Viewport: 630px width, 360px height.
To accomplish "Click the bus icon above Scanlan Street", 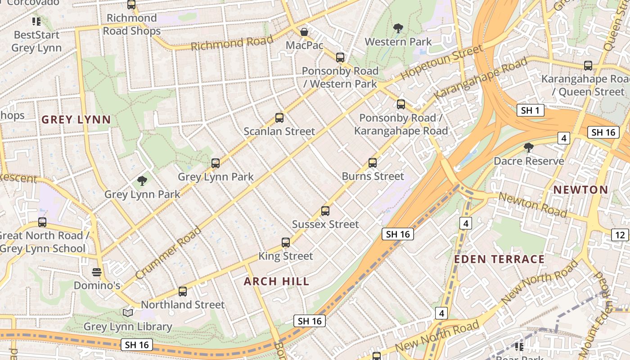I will click(279, 118).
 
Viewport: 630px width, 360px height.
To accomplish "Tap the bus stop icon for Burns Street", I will click(373, 163).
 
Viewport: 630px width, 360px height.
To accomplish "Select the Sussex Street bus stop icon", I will click(325, 211).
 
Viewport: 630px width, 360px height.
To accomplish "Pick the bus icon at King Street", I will click(286, 243).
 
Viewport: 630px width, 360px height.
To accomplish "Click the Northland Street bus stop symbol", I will click(183, 291).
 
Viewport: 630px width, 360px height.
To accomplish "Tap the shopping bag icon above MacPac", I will click(304, 32).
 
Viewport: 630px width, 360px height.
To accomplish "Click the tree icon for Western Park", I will click(398, 28).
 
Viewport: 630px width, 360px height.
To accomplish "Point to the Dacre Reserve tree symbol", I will click(529, 148).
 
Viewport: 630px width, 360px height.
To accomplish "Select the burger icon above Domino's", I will click(97, 272).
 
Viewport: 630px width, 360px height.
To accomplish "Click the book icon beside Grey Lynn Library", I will click(128, 312).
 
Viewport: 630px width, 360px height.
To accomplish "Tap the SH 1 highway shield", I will click(531, 110).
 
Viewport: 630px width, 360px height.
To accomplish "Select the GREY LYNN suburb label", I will click(76, 120).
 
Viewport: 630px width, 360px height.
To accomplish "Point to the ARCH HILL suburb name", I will click(277, 282).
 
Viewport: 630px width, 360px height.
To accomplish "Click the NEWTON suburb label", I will click(580, 190).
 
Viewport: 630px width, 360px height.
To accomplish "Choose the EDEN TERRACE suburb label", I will click(499, 259).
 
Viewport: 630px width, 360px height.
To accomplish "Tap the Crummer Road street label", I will click(168, 252).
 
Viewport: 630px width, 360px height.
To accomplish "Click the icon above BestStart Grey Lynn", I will click(36, 21).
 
